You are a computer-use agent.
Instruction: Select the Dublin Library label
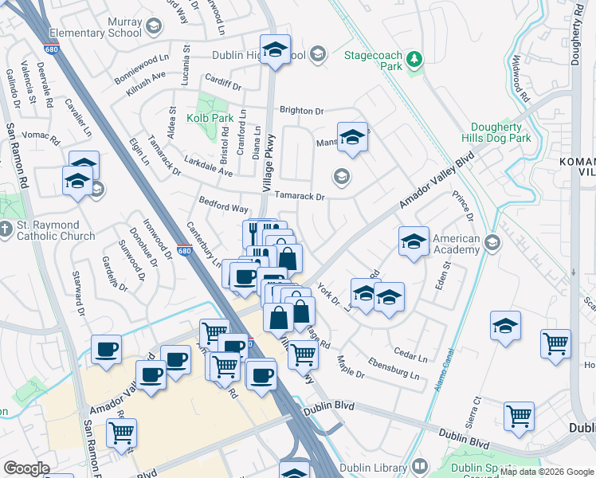pyautogui.click(x=373, y=467)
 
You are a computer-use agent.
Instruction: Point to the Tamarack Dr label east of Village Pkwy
pyautogui.click(x=300, y=196)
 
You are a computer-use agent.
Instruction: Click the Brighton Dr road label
pyautogui.click(x=301, y=111)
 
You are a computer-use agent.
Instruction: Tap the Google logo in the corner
pyautogui.click(x=26, y=468)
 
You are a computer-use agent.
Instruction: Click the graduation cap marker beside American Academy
pyautogui.click(x=414, y=243)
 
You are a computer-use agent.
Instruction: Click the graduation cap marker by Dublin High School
pyautogui.click(x=275, y=50)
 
